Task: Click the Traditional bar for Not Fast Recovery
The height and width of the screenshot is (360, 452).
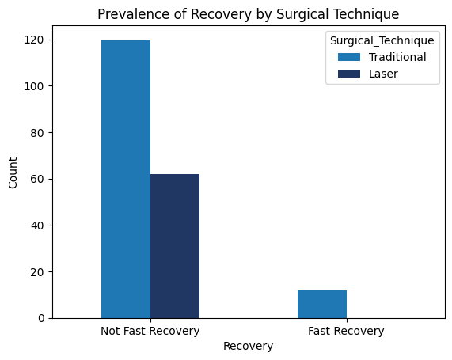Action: click(126, 179)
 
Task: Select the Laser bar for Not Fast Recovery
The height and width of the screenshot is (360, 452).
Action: click(175, 246)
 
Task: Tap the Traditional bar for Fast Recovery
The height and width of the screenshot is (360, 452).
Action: click(322, 305)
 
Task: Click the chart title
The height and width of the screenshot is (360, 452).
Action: click(249, 14)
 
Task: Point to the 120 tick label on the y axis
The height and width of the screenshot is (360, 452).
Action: click(34, 40)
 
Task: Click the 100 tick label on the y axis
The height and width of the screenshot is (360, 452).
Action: click(34, 86)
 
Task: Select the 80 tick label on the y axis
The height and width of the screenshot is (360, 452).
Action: click(37, 133)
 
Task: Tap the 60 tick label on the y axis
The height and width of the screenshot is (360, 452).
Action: click(37, 179)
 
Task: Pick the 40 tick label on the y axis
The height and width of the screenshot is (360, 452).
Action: click(37, 225)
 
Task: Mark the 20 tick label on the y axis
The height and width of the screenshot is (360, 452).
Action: click(37, 272)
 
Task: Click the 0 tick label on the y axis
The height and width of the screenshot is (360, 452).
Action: click(41, 318)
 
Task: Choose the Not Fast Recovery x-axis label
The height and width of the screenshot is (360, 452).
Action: click(150, 331)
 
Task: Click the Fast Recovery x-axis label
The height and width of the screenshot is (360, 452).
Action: click(346, 331)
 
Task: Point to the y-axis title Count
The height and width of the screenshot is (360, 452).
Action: click(13, 173)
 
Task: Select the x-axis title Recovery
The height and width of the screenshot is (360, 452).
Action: click(249, 346)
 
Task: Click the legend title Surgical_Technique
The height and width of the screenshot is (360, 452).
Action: click(382, 40)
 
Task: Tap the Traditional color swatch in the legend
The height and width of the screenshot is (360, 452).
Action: click(349, 57)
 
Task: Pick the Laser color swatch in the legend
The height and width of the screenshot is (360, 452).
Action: click(349, 74)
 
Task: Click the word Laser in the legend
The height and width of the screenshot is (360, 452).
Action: click(383, 74)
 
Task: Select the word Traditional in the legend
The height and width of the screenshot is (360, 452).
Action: click(397, 57)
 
